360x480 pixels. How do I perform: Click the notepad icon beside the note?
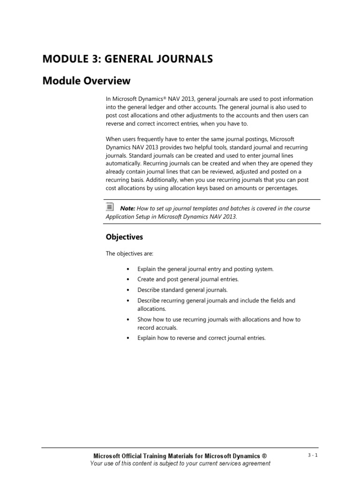coord(109,206)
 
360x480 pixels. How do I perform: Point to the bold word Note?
coord(127,208)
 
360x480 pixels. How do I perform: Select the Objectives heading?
coord(124,237)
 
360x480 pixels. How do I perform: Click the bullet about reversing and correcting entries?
coord(201,337)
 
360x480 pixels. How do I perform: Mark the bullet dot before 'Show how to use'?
coord(128,319)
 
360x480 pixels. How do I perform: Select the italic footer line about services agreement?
coord(180,464)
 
